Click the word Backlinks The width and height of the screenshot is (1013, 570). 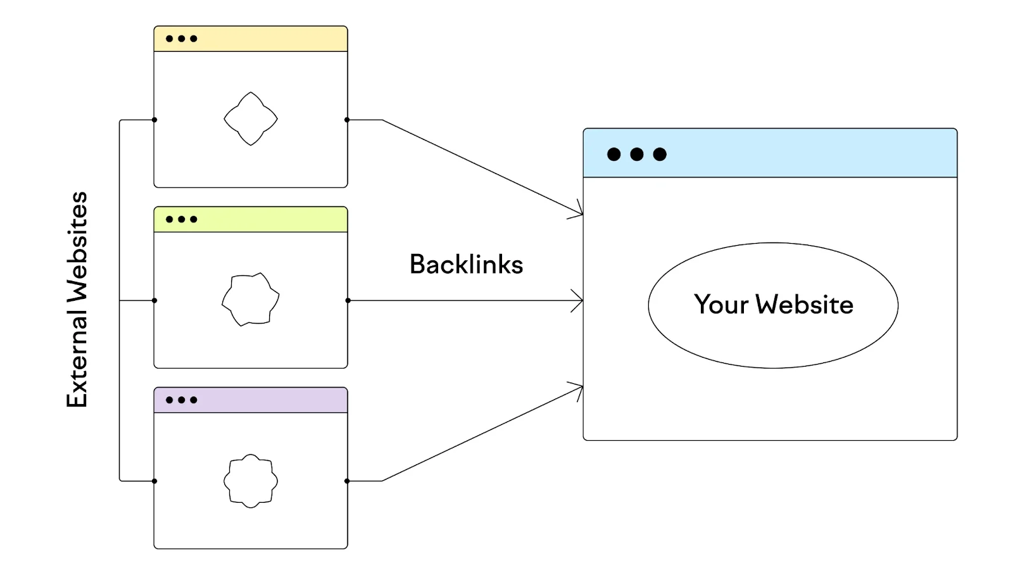point(466,265)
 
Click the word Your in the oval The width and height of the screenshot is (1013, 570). point(720,305)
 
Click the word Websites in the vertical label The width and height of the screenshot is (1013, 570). point(77,247)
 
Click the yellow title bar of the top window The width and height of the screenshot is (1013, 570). point(266,39)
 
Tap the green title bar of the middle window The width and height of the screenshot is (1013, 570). point(266,219)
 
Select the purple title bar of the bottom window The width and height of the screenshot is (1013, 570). point(266,400)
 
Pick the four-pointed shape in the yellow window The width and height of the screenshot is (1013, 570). point(251,119)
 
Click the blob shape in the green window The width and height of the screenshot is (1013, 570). point(251,300)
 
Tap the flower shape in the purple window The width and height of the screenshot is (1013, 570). point(251,481)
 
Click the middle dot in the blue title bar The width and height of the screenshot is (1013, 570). point(637,154)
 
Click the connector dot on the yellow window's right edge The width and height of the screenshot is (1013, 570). point(347,120)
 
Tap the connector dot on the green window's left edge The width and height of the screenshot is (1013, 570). point(154,300)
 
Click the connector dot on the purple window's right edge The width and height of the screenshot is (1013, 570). point(347,481)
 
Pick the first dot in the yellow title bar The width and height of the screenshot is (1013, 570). point(169,39)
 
